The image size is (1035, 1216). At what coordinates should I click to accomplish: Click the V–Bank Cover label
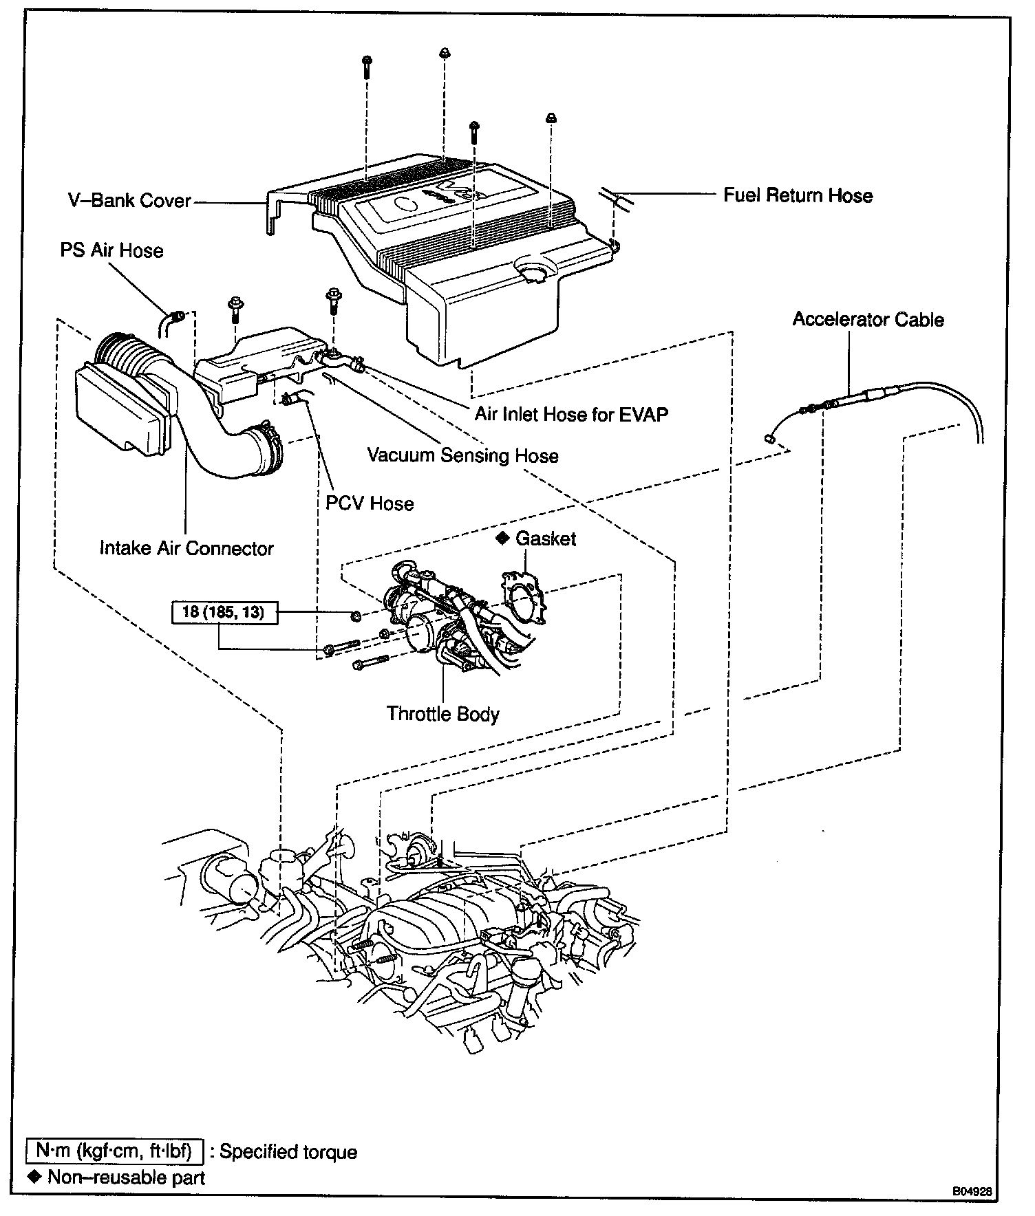point(130,201)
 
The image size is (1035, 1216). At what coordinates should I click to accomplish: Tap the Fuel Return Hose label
point(798,195)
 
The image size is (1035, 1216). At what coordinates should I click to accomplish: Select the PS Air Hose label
point(111,250)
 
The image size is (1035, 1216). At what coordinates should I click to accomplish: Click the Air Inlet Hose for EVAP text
point(571,414)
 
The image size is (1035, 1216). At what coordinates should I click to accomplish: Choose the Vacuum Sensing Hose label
point(462,455)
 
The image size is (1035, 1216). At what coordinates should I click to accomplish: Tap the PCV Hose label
point(370,503)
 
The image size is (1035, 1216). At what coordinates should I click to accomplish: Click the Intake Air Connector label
point(186,548)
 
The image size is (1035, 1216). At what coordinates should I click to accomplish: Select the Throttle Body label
point(442,714)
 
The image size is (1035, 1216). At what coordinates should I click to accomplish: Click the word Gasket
point(546,539)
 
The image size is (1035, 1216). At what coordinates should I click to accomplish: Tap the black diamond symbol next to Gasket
point(502,538)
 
